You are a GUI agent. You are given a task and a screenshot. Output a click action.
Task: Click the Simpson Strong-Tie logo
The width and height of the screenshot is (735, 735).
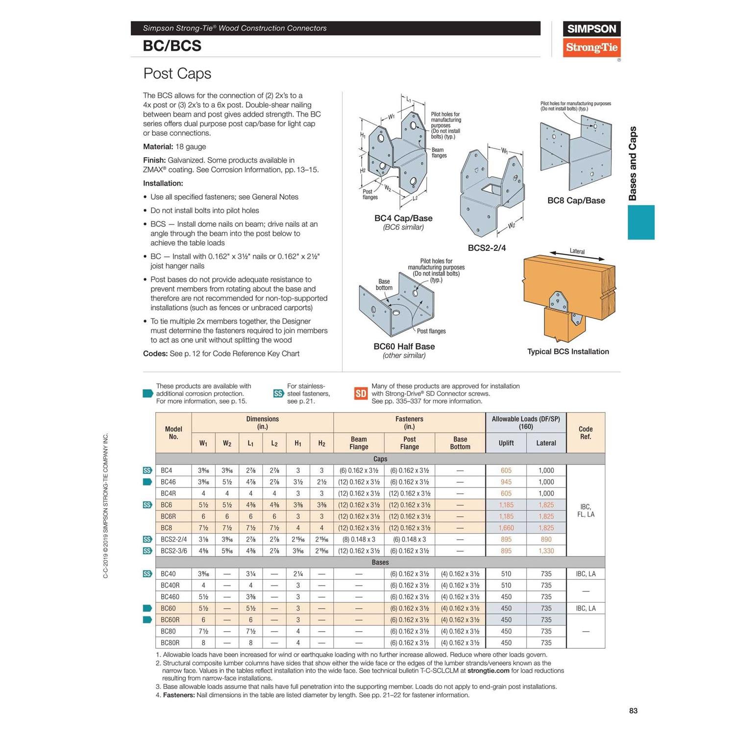tap(591, 39)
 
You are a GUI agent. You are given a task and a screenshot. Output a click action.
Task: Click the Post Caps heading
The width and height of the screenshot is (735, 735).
tap(177, 73)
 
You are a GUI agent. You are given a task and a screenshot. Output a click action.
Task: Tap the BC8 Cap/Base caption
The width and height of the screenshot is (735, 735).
tap(576, 200)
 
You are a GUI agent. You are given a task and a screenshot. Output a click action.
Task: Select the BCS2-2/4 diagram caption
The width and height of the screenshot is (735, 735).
tap(487, 248)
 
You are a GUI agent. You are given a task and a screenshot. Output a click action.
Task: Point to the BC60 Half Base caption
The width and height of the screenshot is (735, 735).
tap(404, 346)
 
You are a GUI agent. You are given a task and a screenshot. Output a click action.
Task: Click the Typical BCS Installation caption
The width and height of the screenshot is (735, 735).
tap(568, 351)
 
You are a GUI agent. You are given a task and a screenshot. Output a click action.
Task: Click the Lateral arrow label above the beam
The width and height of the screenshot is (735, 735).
tap(577, 251)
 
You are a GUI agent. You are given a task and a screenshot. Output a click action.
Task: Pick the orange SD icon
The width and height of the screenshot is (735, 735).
tap(361, 393)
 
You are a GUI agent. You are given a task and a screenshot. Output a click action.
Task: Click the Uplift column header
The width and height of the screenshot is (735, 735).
tap(506, 443)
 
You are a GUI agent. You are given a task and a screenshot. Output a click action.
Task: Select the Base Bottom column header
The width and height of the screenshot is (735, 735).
tap(460, 443)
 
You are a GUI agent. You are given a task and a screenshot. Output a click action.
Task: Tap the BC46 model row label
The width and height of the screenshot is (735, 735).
tap(168, 482)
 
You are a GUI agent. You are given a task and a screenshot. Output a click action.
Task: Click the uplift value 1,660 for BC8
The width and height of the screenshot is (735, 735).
tap(506, 528)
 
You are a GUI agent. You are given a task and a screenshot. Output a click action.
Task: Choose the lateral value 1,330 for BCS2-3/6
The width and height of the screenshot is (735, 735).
tap(546, 551)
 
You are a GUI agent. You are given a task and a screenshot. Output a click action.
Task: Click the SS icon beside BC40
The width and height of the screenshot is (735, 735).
tap(147, 574)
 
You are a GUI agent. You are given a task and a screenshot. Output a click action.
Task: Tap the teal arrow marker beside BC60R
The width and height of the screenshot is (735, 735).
tap(147, 620)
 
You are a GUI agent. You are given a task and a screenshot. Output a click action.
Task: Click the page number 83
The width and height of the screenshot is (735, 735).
tap(633, 710)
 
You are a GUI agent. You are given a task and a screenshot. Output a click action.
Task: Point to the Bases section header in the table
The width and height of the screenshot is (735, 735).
tap(380, 562)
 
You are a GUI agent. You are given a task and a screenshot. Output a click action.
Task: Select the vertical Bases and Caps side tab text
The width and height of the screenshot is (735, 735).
tap(633, 164)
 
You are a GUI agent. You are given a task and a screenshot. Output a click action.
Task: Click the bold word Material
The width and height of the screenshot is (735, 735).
tap(158, 147)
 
